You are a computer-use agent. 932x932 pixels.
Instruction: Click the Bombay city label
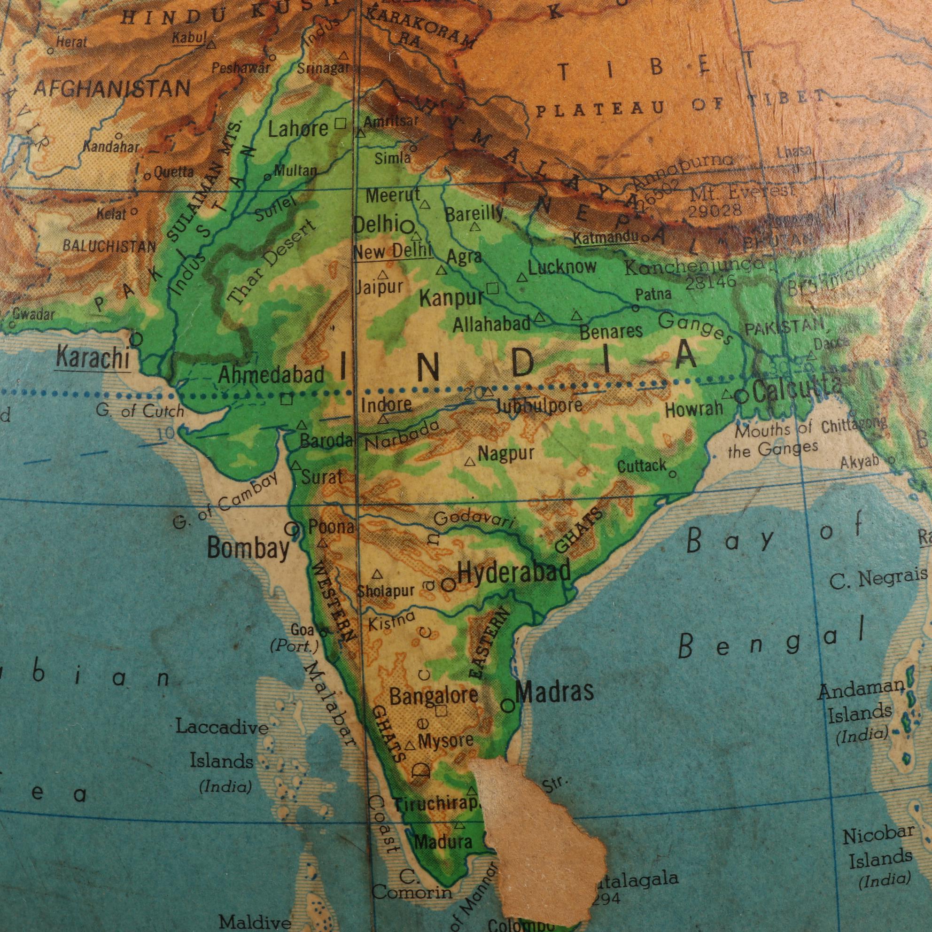coord(248,549)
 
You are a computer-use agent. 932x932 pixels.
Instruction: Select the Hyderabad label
coord(514,573)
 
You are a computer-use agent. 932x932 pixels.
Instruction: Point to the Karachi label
coord(93,358)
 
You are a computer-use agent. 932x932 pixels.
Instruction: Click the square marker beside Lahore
coord(340,124)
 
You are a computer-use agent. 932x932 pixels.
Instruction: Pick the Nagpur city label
coord(506,453)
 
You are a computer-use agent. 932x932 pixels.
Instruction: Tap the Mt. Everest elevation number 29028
coord(715,211)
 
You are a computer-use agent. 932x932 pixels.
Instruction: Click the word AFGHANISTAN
coord(112,89)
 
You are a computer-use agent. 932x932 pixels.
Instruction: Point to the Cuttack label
coord(642,466)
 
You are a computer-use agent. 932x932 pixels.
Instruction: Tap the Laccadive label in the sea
coord(222,728)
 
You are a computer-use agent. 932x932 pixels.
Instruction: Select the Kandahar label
coord(110,147)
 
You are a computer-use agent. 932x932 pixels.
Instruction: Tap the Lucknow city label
coord(562,267)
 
